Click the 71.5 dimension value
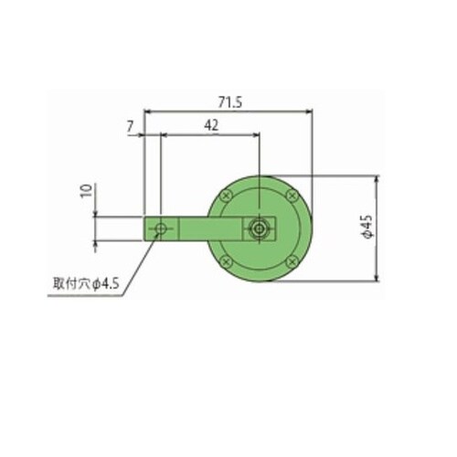tap(230, 102)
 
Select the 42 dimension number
tap(211, 125)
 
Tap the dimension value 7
tap(131, 126)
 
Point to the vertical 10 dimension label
tap(87, 191)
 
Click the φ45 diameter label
tap(368, 227)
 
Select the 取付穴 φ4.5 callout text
tap(86, 284)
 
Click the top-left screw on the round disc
tap(226, 196)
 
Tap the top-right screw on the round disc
tap(292, 196)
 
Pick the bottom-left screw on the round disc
tap(226, 261)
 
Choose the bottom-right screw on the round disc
tap(292, 261)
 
